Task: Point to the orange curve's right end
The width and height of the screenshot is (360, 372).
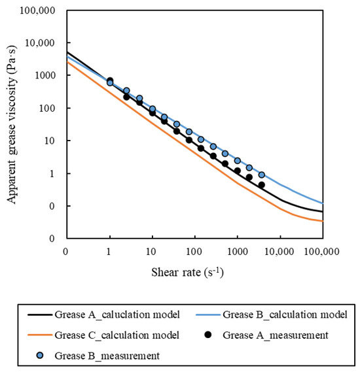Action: tap(323, 221)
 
